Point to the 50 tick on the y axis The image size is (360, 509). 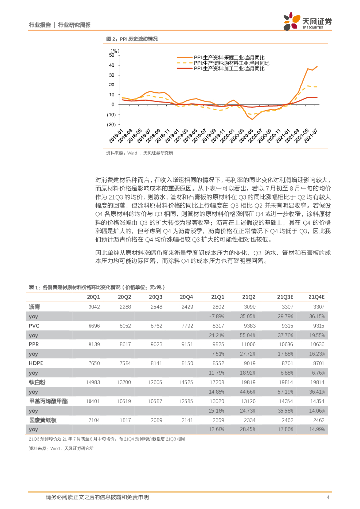112,55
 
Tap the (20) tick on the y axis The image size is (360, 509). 110,125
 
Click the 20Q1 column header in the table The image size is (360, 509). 93,297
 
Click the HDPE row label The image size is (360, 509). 36,363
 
